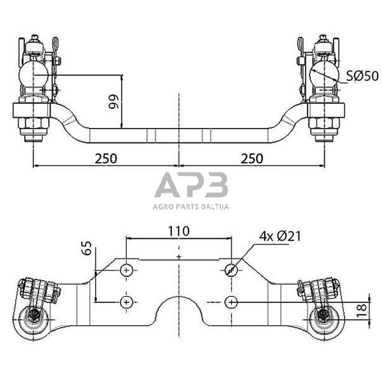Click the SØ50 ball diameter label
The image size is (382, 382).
pos(362,76)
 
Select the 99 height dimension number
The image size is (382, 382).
pos(113,102)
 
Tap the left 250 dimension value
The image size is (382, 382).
pos(106,159)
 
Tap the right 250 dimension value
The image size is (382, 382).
pos(252,159)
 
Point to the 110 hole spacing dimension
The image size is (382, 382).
pos(179,231)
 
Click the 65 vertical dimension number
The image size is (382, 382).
pos(87,248)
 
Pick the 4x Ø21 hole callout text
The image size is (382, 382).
pos(280,236)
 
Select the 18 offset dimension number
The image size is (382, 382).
pos(361,310)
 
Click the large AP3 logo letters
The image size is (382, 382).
pos(191,185)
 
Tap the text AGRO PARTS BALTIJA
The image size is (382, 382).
pos(191,207)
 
